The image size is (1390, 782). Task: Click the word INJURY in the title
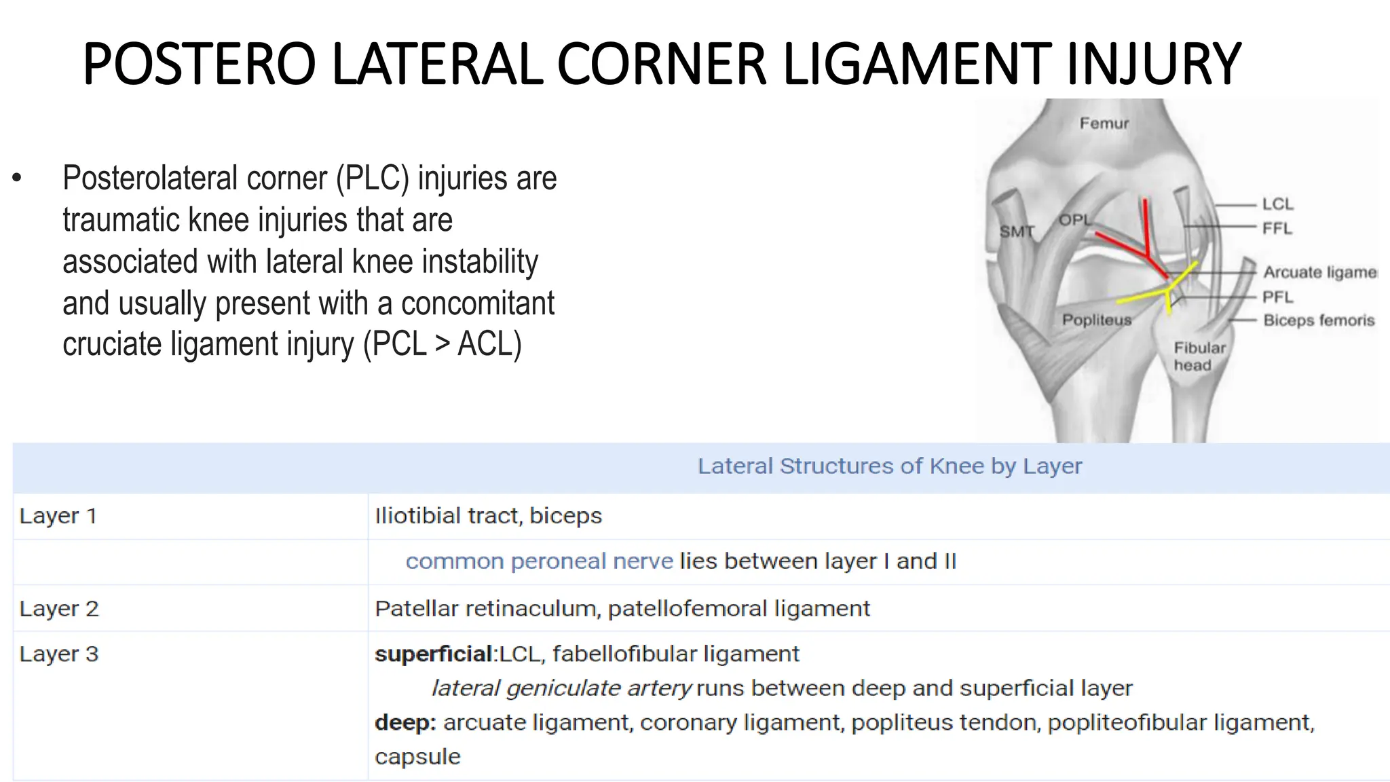click(x=1154, y=64)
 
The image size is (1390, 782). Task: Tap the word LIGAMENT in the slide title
click(x=916, y=64)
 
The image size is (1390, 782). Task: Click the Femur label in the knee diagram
click(x=1104, y=124)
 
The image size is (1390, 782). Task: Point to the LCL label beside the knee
click(x=1277, y=204)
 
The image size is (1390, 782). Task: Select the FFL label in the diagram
click(x=1277, y=228)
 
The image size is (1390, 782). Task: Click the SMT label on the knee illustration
click(x=1017, y=231)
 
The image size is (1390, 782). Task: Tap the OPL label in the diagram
click(x=1075, y=220)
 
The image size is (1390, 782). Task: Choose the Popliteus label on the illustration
click(x=1097, y=320)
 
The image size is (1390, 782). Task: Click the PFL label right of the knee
click(x=1277, y=297)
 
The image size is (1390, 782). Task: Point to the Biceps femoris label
click(x=1318, y=320)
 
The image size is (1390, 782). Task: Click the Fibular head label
click(x=1199, y=356)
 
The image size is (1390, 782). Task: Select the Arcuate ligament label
click(x=1319, y=272)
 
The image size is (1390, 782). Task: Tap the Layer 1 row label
click(x=58, y=516)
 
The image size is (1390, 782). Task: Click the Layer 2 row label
click(x=59, y=609)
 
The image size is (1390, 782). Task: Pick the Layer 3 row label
click(x=59, y=654)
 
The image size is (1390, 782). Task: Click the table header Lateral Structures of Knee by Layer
click(x=889, y=466)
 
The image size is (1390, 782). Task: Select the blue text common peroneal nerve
click(x=539, y=561)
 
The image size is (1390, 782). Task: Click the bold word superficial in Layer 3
click(x=433, y=654)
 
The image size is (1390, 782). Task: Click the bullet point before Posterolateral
click(x=18, y=179)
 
